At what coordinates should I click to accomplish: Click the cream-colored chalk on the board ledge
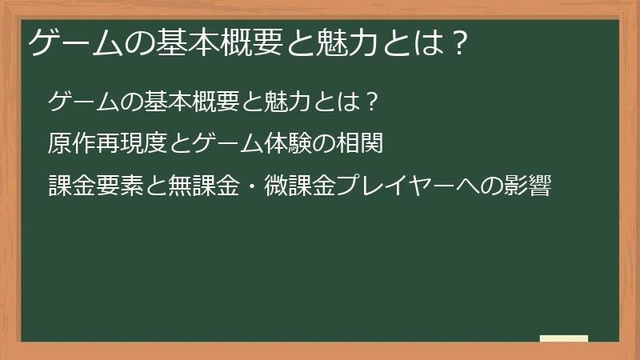coord(564,338)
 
